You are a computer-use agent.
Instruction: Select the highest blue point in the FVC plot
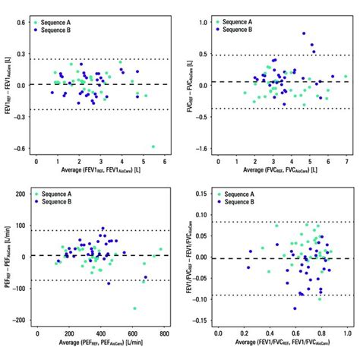[x=305, y=34]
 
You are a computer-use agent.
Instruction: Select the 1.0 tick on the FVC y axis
[x=205, y=23]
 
